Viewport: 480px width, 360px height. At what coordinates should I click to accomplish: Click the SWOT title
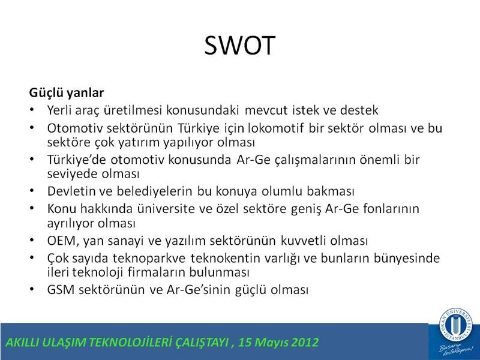click(x=239, y=46)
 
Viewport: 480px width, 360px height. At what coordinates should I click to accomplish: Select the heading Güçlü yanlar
click(x=67, y=92)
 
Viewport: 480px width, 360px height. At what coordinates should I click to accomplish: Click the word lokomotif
click(x=276, y=128)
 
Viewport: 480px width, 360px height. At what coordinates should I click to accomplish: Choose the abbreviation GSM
click(x=61, y=290)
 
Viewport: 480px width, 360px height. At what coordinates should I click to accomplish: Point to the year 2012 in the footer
click(x=305, y=342)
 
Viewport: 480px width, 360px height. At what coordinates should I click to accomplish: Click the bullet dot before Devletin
click(x=32, y=191)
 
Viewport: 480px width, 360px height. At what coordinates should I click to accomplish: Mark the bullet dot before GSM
click(x=32, y=289)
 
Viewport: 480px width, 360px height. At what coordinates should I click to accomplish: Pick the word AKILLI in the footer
click(x=22, y=342)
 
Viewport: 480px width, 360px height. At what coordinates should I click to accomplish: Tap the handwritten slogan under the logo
click(x=455, y=349)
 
